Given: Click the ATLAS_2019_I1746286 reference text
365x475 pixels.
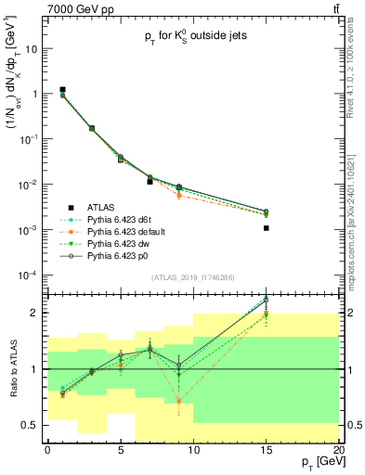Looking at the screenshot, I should click(x=193, y=278).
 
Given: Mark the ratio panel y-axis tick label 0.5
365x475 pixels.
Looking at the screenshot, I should click(x=34, y=425).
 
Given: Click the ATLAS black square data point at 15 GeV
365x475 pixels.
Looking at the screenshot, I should click(x=267, y=227).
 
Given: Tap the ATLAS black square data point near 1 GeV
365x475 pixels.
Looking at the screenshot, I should click(x=62, y=90).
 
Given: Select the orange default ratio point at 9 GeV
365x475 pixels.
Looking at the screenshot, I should click(x=179, y=402).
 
